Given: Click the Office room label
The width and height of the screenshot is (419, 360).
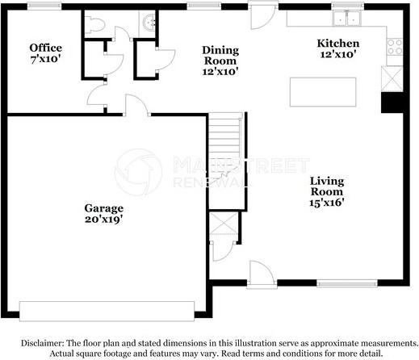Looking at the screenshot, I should tap(45, 48).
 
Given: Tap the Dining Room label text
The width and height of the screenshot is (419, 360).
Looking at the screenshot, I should tap(219, 54).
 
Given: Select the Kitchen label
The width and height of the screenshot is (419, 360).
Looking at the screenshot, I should tap(337, 42).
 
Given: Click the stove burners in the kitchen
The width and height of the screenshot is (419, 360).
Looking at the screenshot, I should tap(395, 47).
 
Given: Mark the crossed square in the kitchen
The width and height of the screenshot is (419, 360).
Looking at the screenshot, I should tap(393, 79).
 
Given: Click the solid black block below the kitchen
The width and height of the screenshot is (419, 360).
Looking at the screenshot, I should tap(393, 103).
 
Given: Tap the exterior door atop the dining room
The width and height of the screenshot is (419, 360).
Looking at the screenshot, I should tap(260, 15).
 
